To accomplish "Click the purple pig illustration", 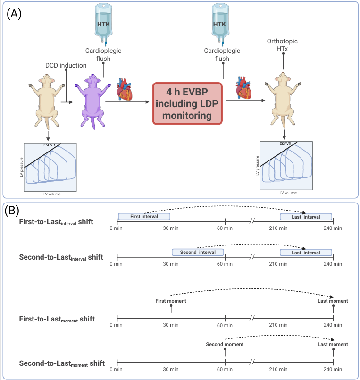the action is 92,101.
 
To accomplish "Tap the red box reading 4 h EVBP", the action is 187,103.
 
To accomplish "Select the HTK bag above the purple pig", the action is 103,24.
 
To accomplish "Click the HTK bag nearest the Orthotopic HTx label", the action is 220,24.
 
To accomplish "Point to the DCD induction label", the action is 66,65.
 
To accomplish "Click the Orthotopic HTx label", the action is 282,45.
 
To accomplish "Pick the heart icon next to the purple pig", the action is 125,89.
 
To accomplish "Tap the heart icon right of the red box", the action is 243,88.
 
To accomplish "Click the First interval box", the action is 144,216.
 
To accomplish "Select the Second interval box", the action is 198,252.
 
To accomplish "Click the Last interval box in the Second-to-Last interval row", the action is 306,253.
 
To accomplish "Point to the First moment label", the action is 171,301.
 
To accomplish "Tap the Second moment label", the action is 225,344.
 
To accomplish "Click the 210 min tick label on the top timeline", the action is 278,228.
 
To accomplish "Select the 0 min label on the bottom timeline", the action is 116,369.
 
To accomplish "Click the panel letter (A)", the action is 14,14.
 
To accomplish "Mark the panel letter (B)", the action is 12,211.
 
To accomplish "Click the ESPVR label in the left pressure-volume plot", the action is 49,145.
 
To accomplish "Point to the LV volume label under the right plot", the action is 288,193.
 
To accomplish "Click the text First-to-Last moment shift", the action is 57,319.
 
